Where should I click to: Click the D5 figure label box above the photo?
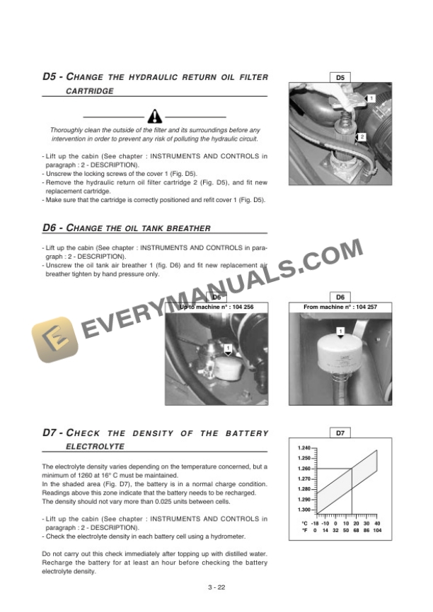coord(340,77)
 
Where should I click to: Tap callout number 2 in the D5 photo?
coord(362,136)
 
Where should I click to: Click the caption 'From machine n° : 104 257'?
coord(340,307)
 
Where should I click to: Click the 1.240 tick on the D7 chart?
coord(305,448)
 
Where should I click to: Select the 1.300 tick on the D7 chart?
coord(305,510)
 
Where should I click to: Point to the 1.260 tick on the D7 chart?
coord(305,469)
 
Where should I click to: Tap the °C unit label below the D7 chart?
coord(304,523)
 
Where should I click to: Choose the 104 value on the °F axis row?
coord(378,530)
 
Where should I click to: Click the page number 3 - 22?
coord(217,587)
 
